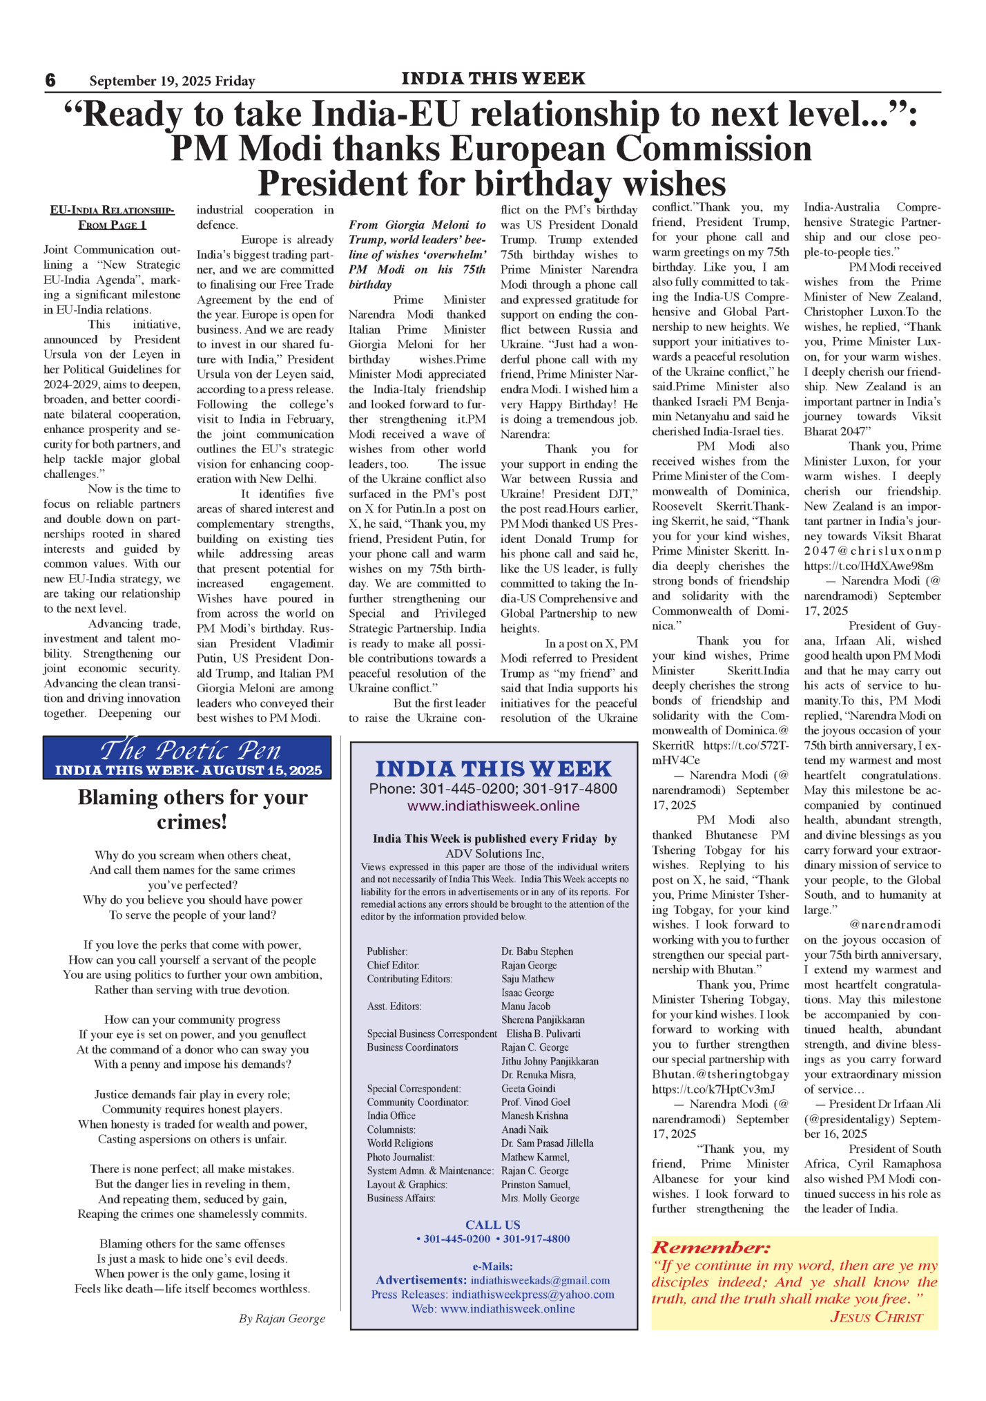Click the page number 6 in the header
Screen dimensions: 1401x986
click(50, 81)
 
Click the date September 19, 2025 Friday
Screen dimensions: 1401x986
click(172, 82)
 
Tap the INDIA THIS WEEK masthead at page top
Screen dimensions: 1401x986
click(493, 79)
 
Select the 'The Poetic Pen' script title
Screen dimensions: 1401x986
click(190, 750)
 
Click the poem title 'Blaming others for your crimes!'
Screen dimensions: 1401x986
click(193, 809)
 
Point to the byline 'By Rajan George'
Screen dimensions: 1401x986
click(282, 1319)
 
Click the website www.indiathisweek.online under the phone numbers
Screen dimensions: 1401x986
click(493, 806)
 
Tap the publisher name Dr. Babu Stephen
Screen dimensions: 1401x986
click(536, 951)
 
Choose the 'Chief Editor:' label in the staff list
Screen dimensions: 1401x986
click(393, 965)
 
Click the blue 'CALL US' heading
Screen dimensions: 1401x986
click(492, 1225)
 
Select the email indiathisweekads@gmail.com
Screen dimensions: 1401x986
click(540, 1280)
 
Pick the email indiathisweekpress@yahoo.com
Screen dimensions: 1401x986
click(533, 1294)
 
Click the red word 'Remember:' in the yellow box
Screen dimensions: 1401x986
click(710, 1248)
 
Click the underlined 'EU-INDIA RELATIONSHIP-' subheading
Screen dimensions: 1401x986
click(112, 210)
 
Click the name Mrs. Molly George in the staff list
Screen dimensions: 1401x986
click(540, 1198)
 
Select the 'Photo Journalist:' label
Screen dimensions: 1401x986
click(400, 1156)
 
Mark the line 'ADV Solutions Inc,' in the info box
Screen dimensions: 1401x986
click(494, 853)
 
